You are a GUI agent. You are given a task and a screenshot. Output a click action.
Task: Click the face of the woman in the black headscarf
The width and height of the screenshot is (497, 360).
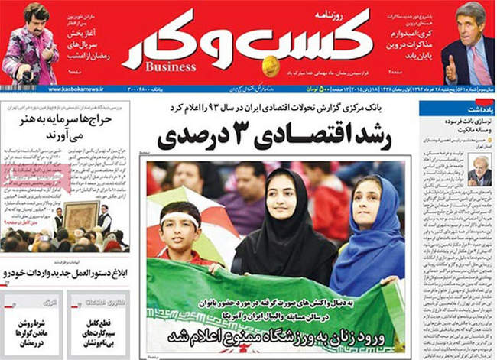coord(283,192)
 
